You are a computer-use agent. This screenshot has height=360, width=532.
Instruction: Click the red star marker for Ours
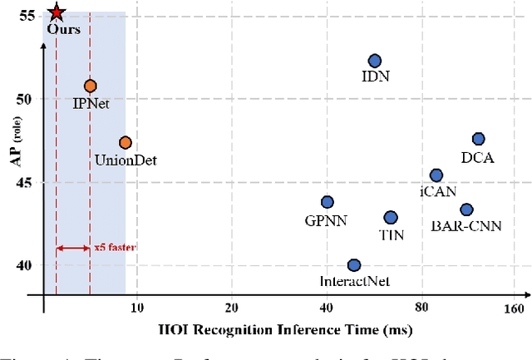tap(56, 12)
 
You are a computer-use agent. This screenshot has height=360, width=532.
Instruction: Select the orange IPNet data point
tap(90, 86)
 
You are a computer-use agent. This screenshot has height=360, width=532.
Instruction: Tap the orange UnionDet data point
tap(126, 143)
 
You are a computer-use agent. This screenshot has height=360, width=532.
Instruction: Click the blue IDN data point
tap(374, 61)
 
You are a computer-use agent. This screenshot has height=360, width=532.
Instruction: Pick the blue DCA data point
tap(478, 139)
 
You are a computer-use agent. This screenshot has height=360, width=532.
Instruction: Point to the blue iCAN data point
tap(436, 175)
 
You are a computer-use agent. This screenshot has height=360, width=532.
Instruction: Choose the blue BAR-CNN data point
tap(466, 210)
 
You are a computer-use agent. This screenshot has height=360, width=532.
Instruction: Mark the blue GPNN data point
tap(327, 202)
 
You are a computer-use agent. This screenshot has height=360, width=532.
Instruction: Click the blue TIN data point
tap(390, 218)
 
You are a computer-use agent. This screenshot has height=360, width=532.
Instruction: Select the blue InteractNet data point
tap(353, 265)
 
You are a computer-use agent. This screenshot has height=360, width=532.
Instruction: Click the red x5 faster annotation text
tap(116, 247)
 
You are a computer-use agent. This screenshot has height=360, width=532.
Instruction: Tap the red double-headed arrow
tap(72, 248)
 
